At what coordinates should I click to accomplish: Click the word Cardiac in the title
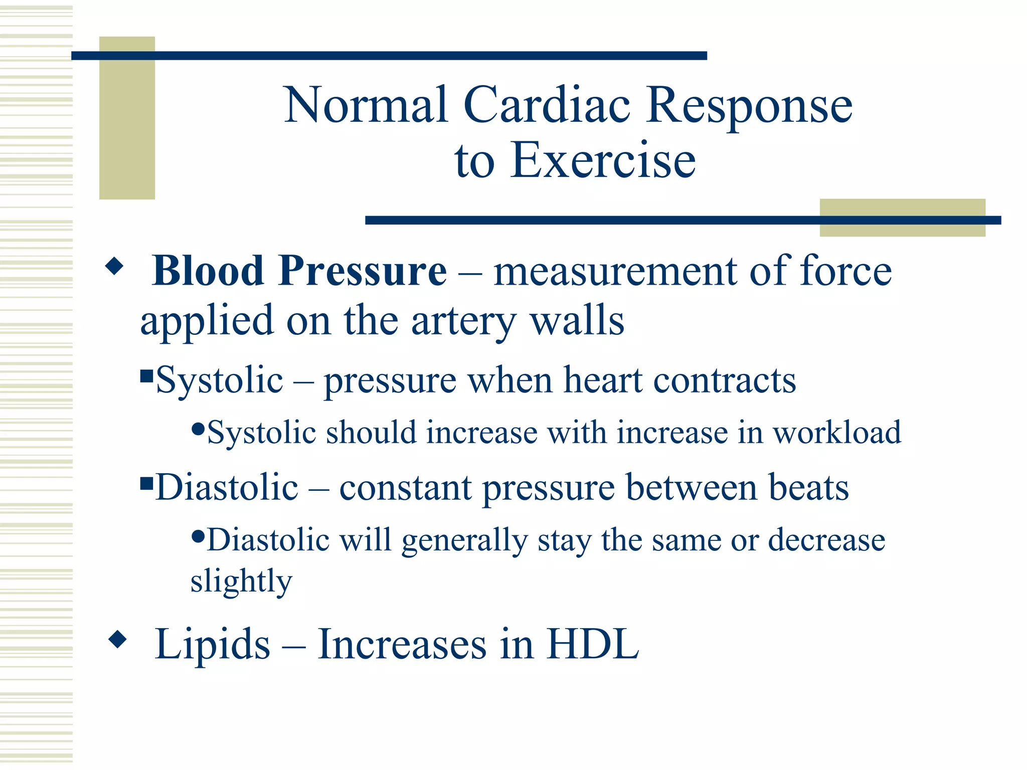547,105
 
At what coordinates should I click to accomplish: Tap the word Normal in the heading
366,105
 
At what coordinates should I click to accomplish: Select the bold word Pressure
362,271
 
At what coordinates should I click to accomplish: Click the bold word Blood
208,271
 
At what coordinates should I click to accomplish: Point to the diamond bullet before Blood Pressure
114,266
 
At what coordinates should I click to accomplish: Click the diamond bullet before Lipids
117,639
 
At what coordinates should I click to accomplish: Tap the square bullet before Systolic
146,375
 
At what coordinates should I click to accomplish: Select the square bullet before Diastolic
146,484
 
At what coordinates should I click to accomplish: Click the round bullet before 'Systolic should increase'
199,429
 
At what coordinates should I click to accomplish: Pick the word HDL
592,645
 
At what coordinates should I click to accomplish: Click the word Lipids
213,645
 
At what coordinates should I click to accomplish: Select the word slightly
241,582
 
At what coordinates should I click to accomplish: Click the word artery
464,321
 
